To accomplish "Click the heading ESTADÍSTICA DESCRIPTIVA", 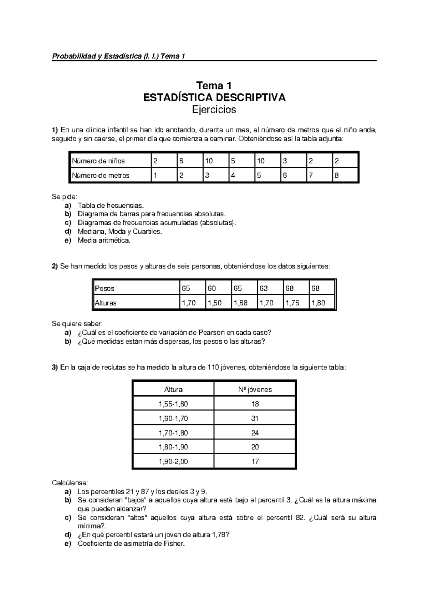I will (x=214, y=97).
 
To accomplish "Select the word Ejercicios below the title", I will (x=214, y=110).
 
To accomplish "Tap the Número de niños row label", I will (x=98, y=161).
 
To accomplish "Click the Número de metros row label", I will (x=101, y=176).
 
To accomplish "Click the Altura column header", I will (x=173, y=389).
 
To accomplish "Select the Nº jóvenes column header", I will (x=255, y=389).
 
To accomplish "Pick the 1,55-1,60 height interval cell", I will (x=173, y=404).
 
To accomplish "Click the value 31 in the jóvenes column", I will (x=255, y=418).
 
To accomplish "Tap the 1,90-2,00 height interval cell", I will (x=173, y=461).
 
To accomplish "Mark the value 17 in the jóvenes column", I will (x=255, y=461).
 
